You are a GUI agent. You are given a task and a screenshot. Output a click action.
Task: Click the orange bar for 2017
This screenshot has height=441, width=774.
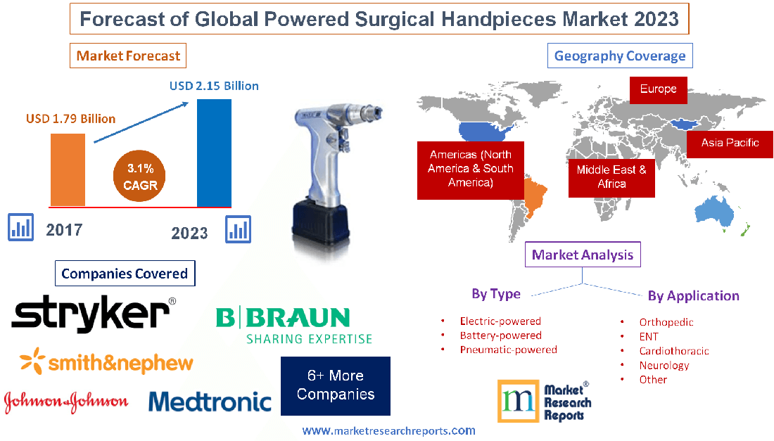coord(68,169)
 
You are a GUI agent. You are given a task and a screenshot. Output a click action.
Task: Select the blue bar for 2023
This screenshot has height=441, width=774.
coord(214,153)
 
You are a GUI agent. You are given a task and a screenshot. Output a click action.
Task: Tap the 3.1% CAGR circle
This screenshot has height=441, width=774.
coord(139,177)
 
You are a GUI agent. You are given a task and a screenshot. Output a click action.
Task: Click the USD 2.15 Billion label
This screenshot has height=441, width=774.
coord(214,86)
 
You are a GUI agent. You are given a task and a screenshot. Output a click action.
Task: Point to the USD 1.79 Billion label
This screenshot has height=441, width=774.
coord(70,118)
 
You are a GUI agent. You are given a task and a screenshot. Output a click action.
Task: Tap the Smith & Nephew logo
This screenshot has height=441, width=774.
coord(106,362)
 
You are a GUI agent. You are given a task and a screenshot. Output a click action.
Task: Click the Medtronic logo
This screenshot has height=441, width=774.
coord(210,401)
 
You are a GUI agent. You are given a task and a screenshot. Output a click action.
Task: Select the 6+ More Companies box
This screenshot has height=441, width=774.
coord(335,386)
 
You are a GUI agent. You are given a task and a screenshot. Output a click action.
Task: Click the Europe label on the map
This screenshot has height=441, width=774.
coord(658,89)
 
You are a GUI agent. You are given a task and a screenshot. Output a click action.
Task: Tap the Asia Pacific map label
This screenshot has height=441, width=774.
coord(730,143)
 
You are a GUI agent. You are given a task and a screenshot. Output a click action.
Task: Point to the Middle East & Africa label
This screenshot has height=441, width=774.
coord(611,177)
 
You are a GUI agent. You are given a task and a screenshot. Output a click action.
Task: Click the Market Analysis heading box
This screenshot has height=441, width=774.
coord(583,255)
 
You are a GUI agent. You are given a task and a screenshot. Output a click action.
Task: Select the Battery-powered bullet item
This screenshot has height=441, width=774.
coord(500,335)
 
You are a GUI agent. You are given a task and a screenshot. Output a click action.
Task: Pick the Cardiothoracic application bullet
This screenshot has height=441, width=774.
coord(673,350)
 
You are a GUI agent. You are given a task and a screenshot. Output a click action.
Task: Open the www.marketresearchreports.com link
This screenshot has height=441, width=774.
coord(388,430)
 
